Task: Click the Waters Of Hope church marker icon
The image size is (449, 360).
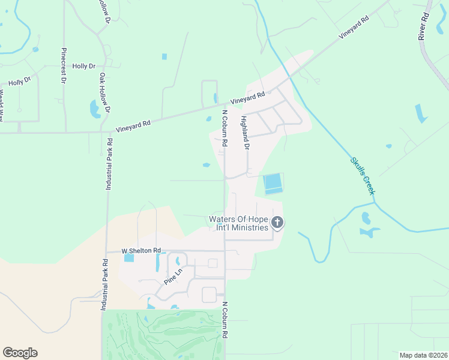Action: click(277, 223)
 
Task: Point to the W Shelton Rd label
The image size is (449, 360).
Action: click(141, 250)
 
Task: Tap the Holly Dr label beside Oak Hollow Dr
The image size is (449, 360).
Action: click(83, 66)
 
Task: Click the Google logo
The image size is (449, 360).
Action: click(20, 353)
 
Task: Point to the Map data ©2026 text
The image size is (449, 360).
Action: click(423, 355)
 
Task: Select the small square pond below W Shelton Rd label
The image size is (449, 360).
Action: click(129, 258)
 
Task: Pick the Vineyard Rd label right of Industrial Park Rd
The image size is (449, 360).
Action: click(133, 125)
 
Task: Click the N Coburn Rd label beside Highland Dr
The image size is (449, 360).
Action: click(224, 128)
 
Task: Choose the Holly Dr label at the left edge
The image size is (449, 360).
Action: click(19, 81)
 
